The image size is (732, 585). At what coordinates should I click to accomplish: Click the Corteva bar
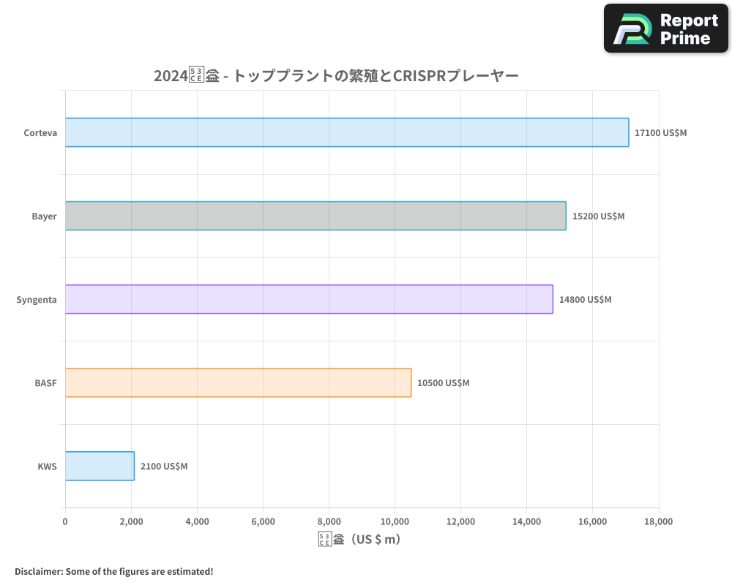point(347,132)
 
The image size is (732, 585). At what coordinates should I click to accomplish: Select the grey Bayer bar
point(315,216)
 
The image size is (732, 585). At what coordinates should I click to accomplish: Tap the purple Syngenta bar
point(309,299)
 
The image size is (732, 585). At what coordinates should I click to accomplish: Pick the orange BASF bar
point(238,382)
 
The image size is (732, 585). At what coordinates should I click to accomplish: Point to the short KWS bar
point(100,466)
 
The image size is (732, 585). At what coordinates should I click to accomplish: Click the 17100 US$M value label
point(661,133)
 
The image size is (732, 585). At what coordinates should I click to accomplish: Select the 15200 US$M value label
point(598,216)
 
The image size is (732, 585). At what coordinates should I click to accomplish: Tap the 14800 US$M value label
point(585,300)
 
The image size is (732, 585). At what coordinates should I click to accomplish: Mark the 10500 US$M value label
point(444,383)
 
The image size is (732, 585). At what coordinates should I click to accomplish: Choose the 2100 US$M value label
point(164,467)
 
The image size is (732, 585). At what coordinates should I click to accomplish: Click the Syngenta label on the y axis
point(37,300)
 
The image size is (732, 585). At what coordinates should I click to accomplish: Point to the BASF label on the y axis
point(45,383)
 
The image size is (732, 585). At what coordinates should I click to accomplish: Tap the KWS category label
point(47,467)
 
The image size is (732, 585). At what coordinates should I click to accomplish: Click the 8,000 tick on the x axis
point(329,521)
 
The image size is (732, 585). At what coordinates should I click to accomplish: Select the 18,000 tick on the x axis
point(658,521)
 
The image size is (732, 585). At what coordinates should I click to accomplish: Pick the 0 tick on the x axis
point(65,521)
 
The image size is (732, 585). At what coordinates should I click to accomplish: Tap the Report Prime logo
point(666,29)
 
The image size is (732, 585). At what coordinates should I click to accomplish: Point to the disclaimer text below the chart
point(113,571)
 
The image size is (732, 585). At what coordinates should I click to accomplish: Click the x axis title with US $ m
point(360,540)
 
